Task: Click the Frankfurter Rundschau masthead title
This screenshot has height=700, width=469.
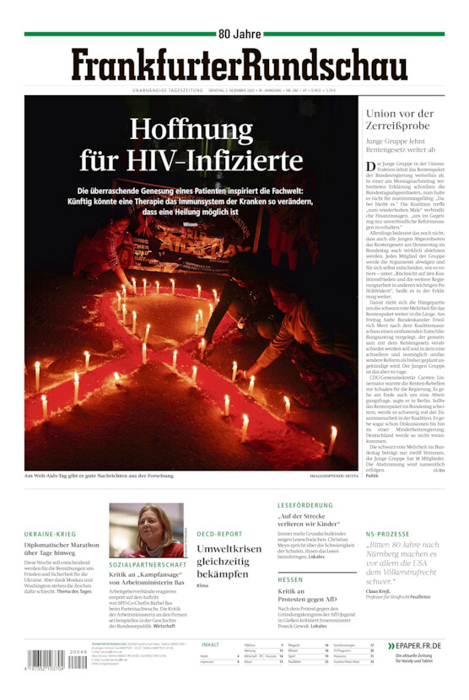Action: (239, 65)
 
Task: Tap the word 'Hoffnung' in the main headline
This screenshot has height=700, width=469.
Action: (191, 129)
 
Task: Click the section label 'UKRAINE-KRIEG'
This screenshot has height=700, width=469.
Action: (50, 534)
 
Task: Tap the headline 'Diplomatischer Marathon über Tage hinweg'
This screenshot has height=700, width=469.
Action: (62, 549)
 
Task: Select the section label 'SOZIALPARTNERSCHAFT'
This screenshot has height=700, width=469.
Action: (148, 564)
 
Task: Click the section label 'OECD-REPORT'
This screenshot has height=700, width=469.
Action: (219, 534)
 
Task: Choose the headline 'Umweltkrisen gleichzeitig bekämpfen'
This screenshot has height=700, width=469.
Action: (229, 561)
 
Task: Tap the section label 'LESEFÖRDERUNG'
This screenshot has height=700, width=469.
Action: (305, 505)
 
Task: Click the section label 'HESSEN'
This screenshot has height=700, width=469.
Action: (290, 579)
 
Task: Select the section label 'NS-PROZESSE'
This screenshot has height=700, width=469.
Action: (387, 534)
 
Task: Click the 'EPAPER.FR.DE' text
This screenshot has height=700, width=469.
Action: (418, 645)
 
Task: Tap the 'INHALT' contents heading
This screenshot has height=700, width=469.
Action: (211, 644)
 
